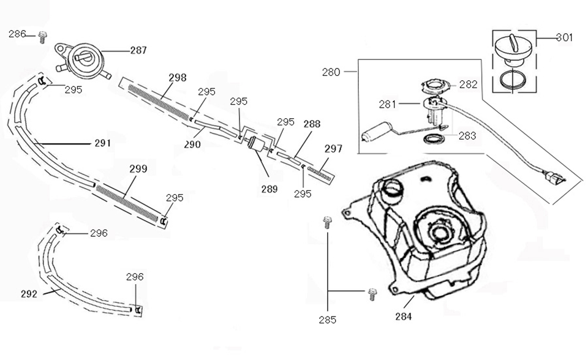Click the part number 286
[x=17, y=34]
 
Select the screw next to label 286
[x=43, y=37]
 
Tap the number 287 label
[x=138, y=50]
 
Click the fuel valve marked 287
[x=83, y=60]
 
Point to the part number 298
[x=178, y=78]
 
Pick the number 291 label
[x=102, y=143]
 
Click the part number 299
[x=138, y=168]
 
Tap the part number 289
[x=269, y=189]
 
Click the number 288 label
[x=312, y=123]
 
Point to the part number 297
[x=334, y=148]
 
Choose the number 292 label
[x=29, y=293]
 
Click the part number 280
[x=331, y=72]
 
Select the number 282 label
[x=468, y=84]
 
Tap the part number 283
[x=467, y=136]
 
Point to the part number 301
[x=564, y=37]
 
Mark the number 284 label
[x=404, y=317]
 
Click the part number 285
[x=328, y=319]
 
